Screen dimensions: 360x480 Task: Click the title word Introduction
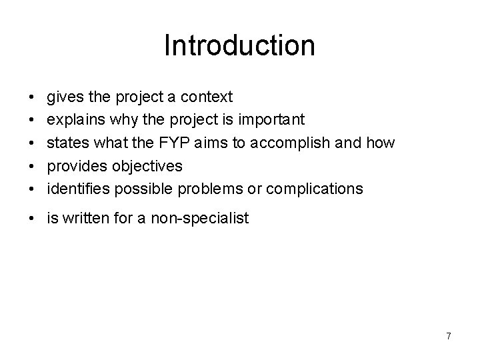[x=239, y=46]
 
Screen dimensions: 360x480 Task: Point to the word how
[x=380, y=143]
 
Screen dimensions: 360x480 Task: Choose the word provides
[x=75, y=166]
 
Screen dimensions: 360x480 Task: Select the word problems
[x=211, y=189]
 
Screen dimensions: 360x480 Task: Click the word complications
[x=315, y=189]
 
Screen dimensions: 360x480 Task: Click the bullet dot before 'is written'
[x=33, y=217]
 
